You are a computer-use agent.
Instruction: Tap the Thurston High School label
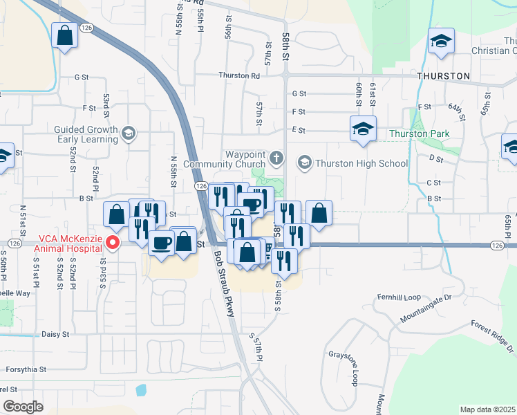361,163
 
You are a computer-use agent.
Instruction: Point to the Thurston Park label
419,133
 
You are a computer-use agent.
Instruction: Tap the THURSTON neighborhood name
443,75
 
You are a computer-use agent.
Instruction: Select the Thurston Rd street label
238,75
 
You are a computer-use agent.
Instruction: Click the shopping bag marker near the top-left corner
64,36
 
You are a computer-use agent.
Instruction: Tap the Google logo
23,407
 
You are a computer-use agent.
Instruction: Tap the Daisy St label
56,334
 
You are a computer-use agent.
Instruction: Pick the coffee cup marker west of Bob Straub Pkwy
162,243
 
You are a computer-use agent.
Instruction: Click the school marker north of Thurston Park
363,129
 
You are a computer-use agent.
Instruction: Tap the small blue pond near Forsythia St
142,389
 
